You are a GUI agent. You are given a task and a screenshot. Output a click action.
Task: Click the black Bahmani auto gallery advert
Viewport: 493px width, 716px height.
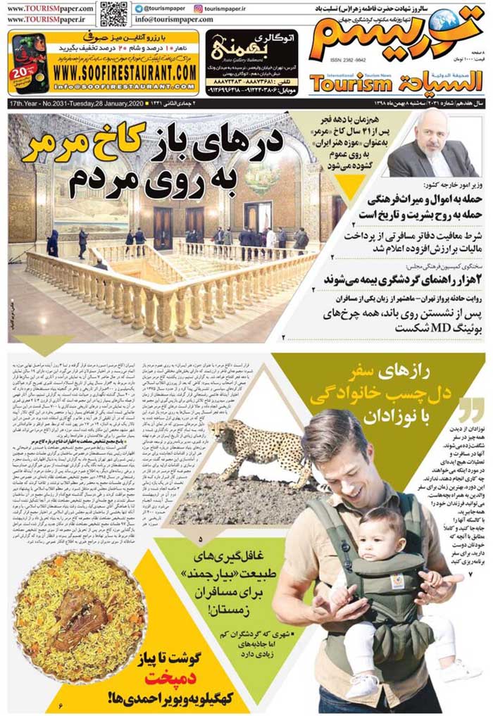pyautogui.click(x=251, y=62)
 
